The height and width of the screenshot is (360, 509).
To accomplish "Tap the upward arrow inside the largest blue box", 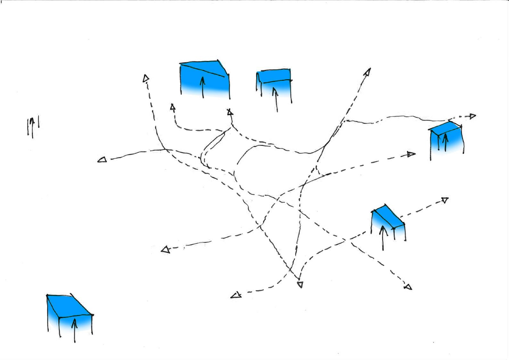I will pos(202,86).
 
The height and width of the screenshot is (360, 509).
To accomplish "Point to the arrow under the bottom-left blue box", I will pos(75,330).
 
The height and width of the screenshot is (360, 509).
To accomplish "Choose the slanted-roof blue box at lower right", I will pos(388,221).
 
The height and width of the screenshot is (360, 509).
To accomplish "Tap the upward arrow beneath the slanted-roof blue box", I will pos(383,237).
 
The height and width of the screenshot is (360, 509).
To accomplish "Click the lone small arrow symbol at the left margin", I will pos(32,127).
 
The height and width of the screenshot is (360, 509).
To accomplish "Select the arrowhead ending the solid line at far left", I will pos(102,160).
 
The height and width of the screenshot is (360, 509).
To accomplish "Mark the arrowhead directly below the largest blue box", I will pos(229,112).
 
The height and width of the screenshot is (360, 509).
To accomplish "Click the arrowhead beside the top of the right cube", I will pos(472,116).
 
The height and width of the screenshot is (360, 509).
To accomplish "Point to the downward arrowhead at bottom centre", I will pos(300,284).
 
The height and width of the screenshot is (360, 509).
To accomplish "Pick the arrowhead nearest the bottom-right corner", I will pos(408,287).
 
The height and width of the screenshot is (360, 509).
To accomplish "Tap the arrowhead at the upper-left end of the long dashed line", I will pos(146,78).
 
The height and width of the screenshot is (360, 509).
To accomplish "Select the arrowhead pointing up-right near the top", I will pos(367,72).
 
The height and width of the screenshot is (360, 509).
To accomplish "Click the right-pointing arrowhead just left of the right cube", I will pos(412,154).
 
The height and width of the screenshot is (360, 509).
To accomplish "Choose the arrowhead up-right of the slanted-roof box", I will pos(445,200).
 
